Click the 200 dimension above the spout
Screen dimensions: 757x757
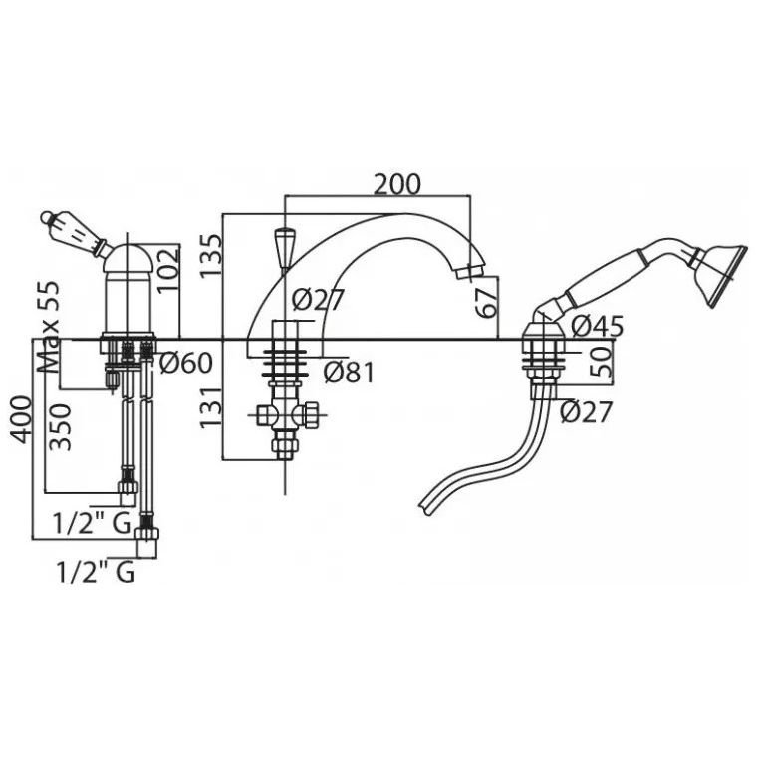coord(397,184)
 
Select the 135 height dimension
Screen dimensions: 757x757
coord(211,255)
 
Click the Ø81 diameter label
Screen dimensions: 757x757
coord(349,373)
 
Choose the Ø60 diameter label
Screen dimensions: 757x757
coord(186,363)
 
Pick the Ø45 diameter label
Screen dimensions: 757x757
coord(598,327)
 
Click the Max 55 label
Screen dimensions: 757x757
coord(50,326)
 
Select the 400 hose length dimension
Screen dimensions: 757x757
coord(20,420)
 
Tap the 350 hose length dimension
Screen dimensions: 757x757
coord(61,427)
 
